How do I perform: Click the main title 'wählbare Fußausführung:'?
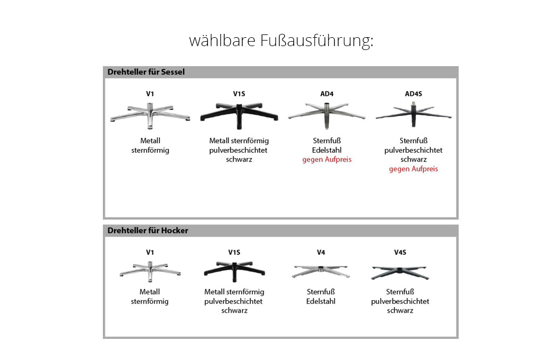tap(281, 41)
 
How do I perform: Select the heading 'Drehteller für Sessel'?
tap(145, 72)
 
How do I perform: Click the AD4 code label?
tap(327, 93)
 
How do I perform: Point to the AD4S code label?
tap(413, 93)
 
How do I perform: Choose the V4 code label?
tap(321, 252)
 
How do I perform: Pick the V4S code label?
tap(400, 252)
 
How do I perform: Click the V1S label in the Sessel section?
tap(239, 93)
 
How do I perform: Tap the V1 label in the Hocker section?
tap(150, 252)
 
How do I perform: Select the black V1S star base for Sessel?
tap(239, 113)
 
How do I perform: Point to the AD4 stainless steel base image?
tap(327, 113)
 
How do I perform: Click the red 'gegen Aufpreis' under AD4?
tap(327, 159)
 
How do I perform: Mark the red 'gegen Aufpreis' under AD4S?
tap(413, 169)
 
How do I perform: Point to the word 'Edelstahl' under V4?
tap(321, 302)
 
